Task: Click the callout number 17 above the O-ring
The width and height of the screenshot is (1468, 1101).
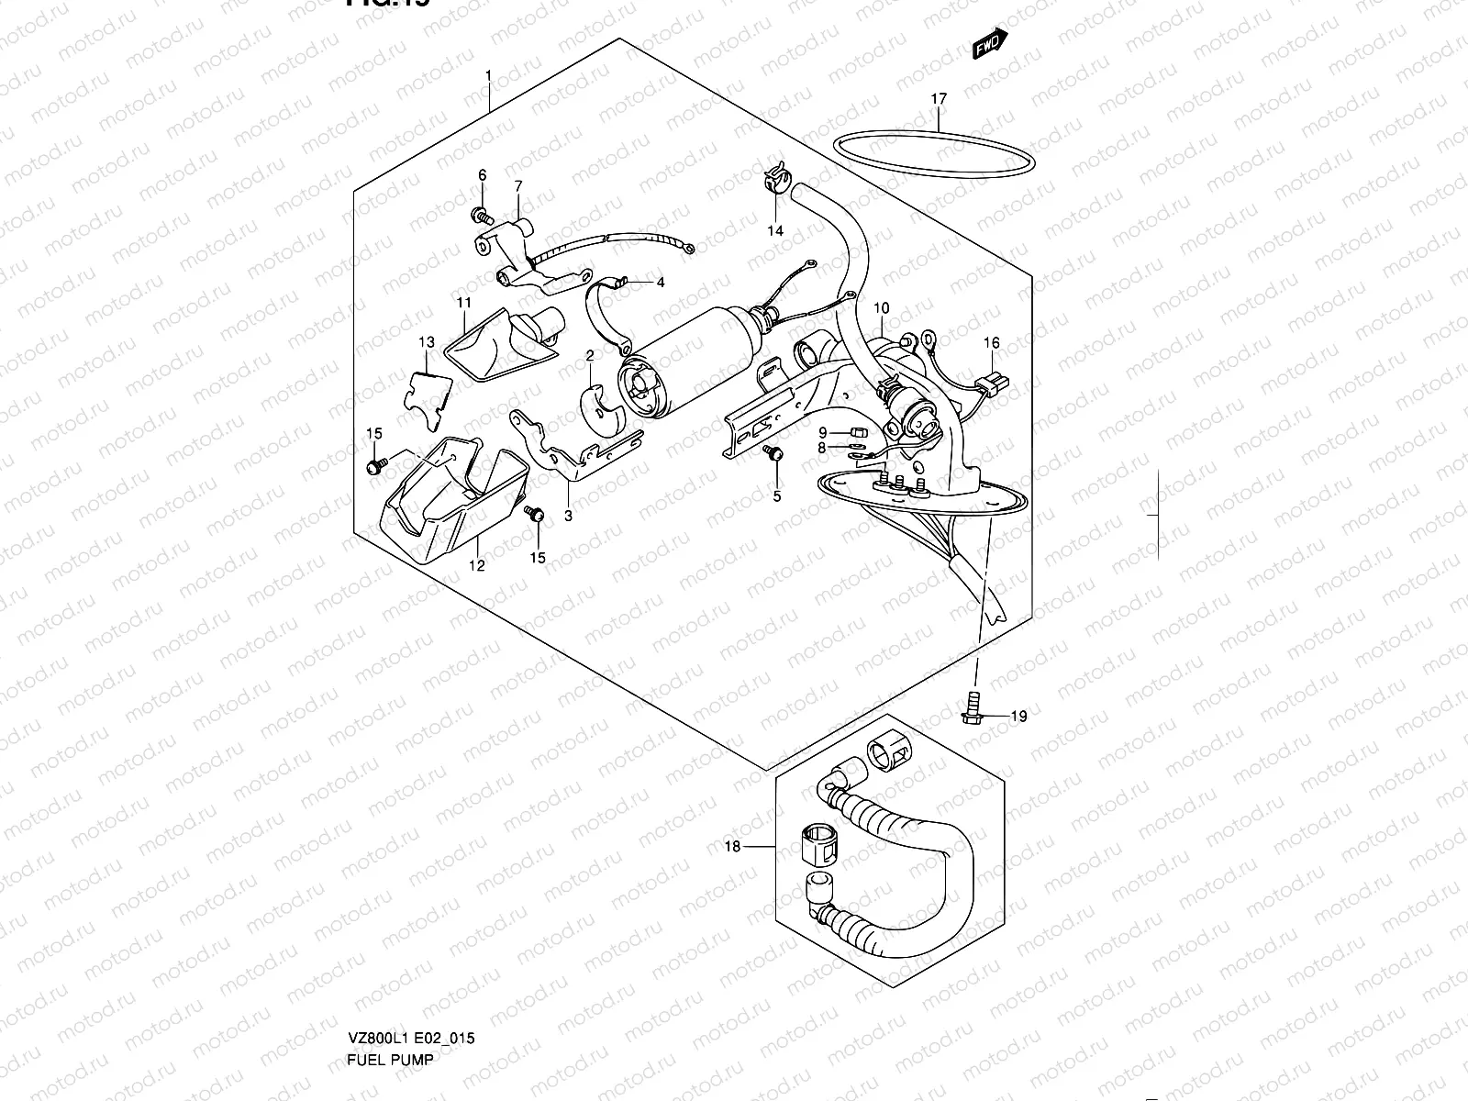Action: coord(939,98)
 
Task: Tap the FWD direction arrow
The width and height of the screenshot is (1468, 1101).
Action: coord(990,43)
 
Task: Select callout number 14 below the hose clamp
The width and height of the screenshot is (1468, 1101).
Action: coord(775,230)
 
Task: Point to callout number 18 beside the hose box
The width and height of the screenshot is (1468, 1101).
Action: coord(732,847)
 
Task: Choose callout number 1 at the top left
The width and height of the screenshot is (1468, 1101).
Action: coord(489,74)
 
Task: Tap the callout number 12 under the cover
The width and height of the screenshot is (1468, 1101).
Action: coord(476,566)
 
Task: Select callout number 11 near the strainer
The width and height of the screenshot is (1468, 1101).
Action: coord(463,302)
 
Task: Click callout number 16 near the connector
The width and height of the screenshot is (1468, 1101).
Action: coord(992,343)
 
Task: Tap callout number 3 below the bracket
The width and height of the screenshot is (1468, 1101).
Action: coord(568,516)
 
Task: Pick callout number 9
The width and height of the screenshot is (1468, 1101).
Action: coord(823,432)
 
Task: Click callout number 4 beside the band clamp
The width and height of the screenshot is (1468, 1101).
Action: coord(660,283)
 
